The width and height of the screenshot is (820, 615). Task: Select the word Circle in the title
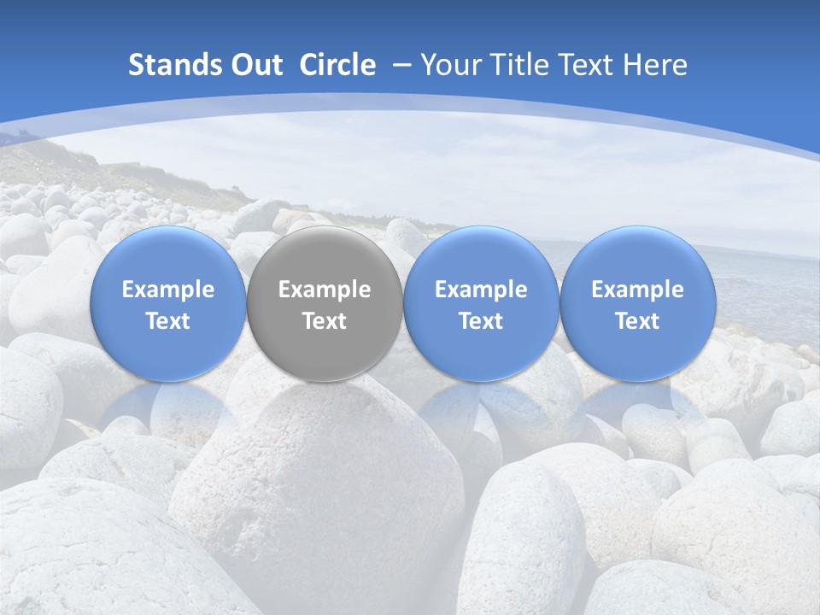coord(337,65)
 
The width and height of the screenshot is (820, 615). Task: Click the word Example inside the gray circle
coord(325,290)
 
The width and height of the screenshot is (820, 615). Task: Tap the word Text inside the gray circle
coord(325,321)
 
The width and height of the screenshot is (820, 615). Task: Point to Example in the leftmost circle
coord(168,290)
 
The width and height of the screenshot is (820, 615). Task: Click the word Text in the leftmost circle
coord(168,321)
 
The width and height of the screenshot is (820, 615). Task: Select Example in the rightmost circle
coord(638,290)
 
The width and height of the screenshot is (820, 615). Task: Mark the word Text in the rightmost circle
coord(638,321)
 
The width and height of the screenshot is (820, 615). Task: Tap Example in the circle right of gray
coord(481,290)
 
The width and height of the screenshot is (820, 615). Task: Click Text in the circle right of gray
coord(481,321)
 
